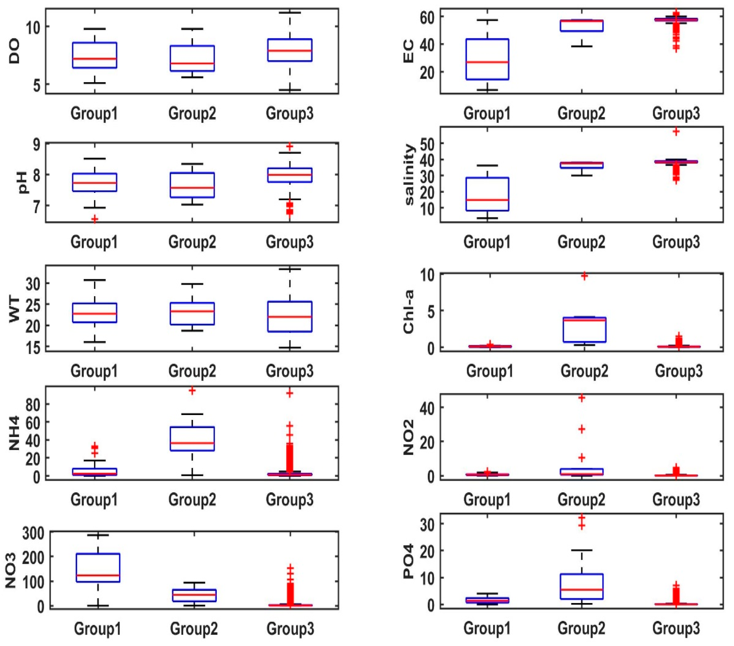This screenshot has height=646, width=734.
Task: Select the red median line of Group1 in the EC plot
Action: click(487, 62)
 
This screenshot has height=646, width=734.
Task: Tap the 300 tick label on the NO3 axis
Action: click(33, 534)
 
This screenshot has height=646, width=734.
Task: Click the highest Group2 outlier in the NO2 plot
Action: click(582, 398)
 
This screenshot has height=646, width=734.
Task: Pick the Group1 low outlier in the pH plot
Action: click(94, 219)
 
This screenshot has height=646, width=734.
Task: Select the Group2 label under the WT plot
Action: click(192, 371)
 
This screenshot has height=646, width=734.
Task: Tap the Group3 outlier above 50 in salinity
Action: click(676, 131)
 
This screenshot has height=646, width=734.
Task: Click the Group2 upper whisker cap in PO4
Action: click(582, 550)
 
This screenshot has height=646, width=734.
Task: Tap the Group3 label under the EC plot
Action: click(676, 114)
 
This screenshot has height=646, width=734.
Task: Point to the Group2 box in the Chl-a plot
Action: click(584, 329)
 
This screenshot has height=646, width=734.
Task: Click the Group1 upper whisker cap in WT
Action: click(94, 280)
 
